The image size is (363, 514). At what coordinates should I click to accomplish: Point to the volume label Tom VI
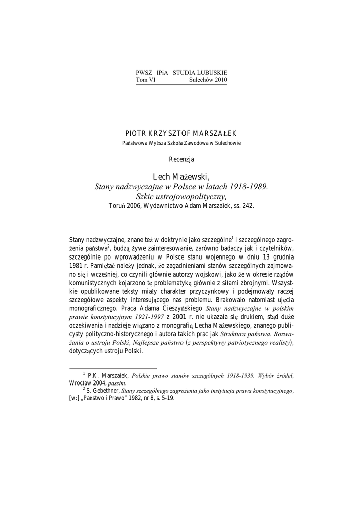[x=146, y=80]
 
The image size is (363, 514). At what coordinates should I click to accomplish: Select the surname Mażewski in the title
[x=190, y=176]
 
